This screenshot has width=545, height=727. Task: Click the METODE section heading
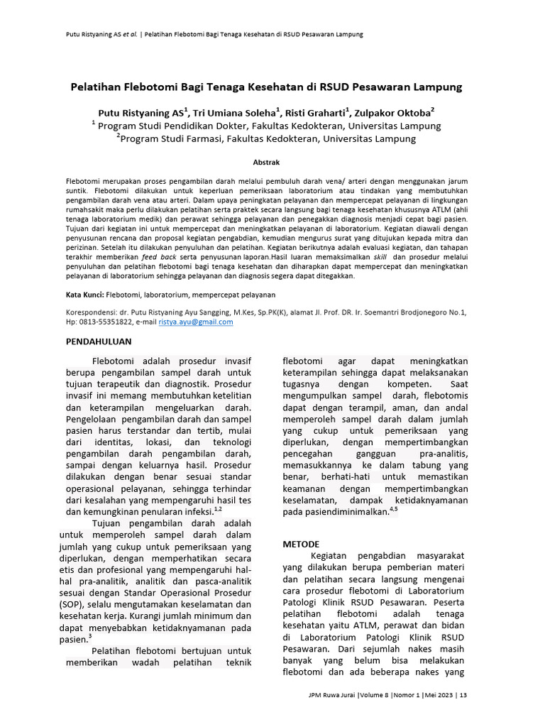coord(301,544)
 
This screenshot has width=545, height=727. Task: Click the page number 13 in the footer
coord(463,695)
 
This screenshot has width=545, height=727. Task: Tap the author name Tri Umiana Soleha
coord(234,113)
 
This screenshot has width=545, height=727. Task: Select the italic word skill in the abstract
coord(380,258)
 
